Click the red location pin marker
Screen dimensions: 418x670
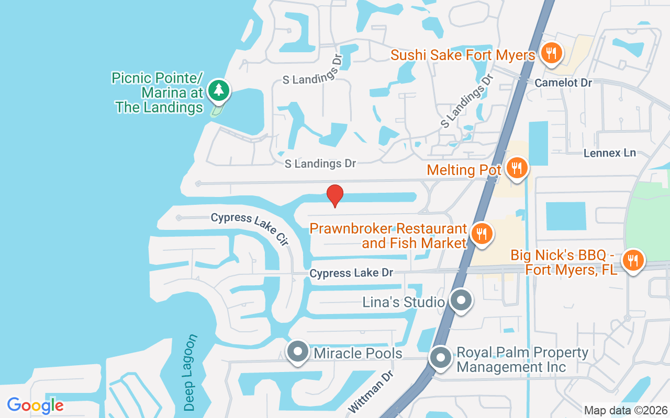click(335, 195)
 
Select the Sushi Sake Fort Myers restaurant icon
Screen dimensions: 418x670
click(551, 53)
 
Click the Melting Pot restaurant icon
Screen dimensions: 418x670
click(517, 168)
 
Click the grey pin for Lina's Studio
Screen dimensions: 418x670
click(461, 300)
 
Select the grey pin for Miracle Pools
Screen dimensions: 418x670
click(298, 351)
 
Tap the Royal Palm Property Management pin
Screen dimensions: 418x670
click(441, 358)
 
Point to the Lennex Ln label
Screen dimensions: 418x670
click(610, 153)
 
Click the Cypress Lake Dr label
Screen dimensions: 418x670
click(351, 273)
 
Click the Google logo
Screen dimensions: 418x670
click(35, 405)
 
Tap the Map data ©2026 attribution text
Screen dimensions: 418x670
click(626, 410)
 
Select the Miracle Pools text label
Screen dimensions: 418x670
click(358, 353)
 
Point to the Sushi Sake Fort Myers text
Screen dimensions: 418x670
click(463, 55)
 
